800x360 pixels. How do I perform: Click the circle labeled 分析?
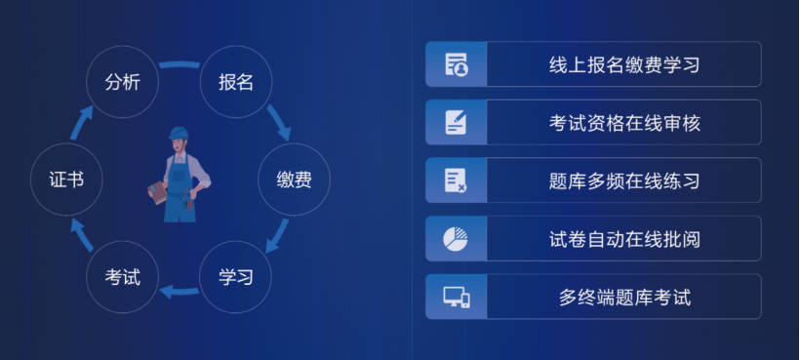pyautogui.click(x=123, y=82)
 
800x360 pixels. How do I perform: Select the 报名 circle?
pyautogui.click(x=236, y=82)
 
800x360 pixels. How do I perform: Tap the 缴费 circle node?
pyautogui.click(x=294, y=180)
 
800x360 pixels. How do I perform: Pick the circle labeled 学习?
pyautogui.click(x=236, y=277)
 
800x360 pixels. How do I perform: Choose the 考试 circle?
pyautogui.click(x=123, y=277)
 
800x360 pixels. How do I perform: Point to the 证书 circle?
pyautogui.click(x=66, y=180)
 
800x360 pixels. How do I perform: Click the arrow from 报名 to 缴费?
pyautogui.click(x=279, y=123)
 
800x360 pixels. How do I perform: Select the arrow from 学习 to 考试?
pyautogui.click(x=179, y=292)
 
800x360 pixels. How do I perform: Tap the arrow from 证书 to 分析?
pyautogui.click(x=81, y=122)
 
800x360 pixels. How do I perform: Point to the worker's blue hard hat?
pyautogui.click(x=179, y=133)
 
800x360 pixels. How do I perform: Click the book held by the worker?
pyautogui.click(x=157, y=193)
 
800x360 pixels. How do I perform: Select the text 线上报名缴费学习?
pyautogui.click(x=624, y=64)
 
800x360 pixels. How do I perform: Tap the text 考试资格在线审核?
pyautogui.click(x=624, y=123)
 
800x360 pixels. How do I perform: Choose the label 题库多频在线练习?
pyautogui.click(x=624, y=181)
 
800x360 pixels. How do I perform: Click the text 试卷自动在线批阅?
pyautogui.click(x=624, y=239)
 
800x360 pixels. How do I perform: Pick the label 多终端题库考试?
pyautogui.click(x=624, y=298)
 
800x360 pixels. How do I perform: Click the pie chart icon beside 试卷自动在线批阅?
pyautogui.click(x=455, y=239)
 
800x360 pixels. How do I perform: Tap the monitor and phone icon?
pyautogui.click(x=457, y=298)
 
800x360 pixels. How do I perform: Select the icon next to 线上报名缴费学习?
pyautogui.click(x=457, y=64)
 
